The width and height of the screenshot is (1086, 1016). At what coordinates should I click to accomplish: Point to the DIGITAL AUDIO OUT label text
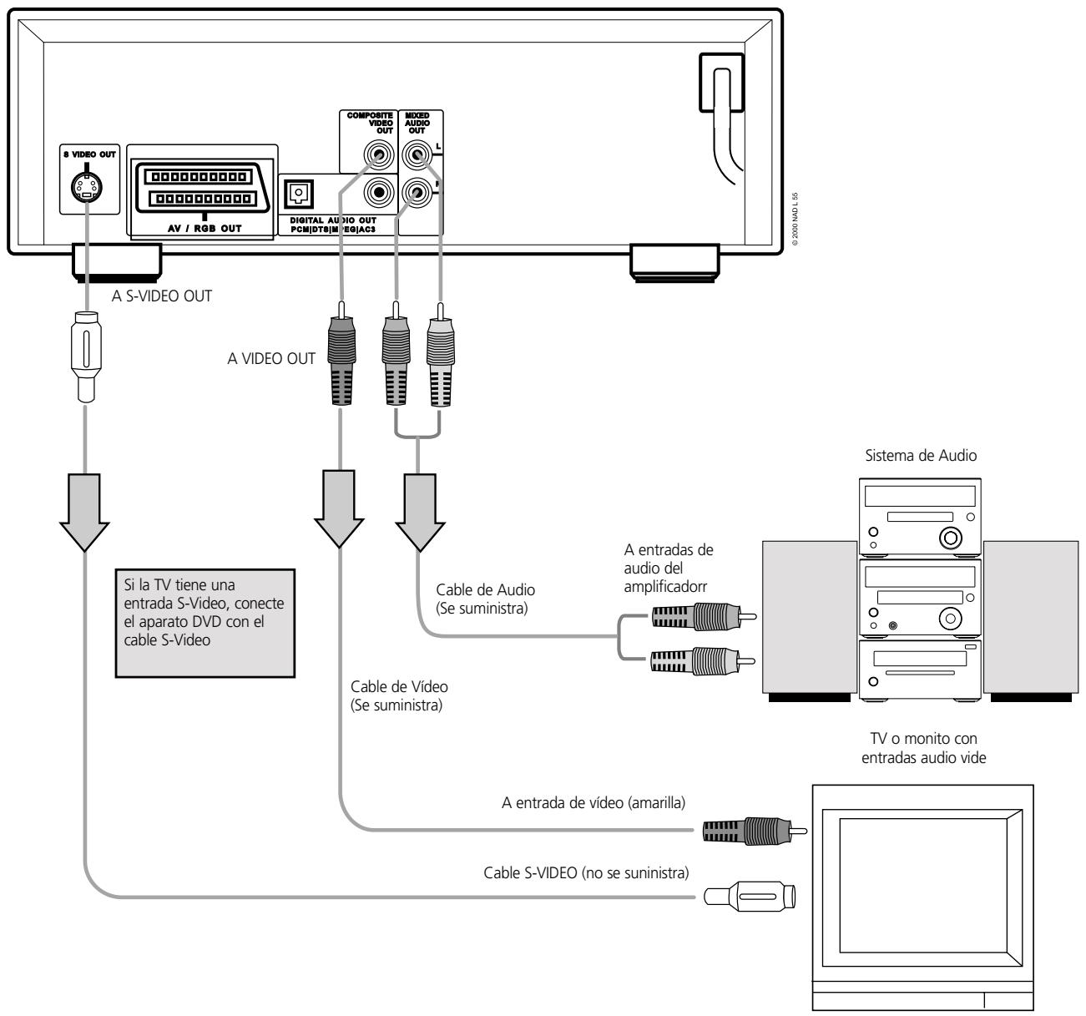coord(338,220)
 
